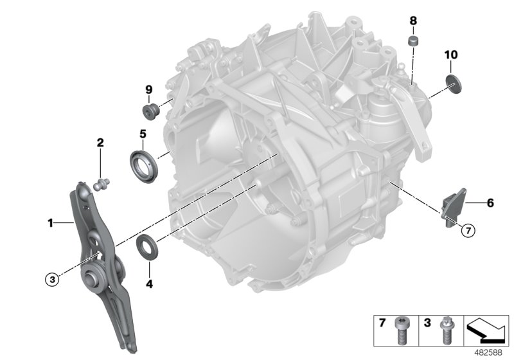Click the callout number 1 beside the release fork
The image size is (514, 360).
[x=49, y=224]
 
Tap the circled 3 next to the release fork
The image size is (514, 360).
[x=52, y=278]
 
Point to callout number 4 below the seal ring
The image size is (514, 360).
[x=149, y=282]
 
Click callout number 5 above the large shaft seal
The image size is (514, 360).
[x=143, y=134]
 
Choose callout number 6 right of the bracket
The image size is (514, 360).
[x=490, y=203]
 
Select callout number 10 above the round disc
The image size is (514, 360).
[x=450, y=55]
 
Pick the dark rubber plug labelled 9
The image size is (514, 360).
[x=150, y=112]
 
